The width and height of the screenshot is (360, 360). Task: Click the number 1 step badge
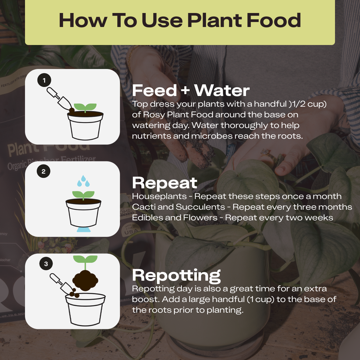(x=44, y=80)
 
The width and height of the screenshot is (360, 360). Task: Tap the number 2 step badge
(x=43, y=171)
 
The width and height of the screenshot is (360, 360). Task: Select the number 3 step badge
(x=46, y=264)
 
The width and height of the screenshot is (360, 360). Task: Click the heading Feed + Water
(x=191, y=90)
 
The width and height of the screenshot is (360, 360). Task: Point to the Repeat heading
(x=165, y=183)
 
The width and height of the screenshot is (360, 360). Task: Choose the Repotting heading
(x=176, y=276)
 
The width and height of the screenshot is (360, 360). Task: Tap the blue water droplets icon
(x=83, y=181)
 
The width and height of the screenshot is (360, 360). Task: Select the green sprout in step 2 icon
(x=83, y=195)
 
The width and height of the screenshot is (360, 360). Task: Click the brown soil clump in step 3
(x=85, y=280)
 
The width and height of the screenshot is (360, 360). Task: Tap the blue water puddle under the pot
(x=84, y=230)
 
